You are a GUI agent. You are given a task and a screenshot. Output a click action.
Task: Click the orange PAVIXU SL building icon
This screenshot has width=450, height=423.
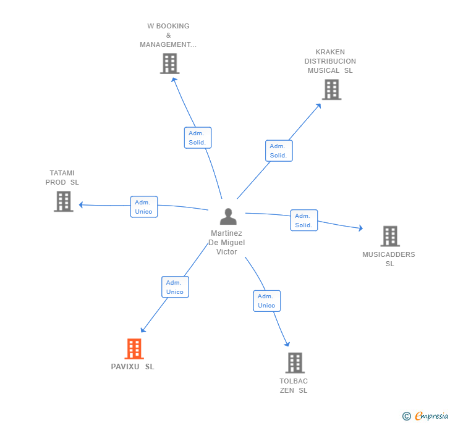134,349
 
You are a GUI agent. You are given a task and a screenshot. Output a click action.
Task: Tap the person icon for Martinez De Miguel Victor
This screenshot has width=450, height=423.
228,217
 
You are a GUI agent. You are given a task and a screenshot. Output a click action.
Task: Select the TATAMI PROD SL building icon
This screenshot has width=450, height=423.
64,201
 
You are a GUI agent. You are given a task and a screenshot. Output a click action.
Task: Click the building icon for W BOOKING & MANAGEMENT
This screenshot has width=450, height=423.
169,64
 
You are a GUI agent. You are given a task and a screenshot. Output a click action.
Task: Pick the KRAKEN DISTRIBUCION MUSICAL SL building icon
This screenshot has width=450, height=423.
331,90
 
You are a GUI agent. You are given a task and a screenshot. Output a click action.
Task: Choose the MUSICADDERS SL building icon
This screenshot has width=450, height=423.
389,236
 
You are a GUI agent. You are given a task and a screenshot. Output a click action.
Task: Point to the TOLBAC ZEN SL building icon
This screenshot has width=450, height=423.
295,362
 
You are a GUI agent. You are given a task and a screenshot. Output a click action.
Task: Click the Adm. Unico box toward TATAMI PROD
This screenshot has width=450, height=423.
143,207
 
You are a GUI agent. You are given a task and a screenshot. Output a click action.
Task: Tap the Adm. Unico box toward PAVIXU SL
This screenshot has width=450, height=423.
175,287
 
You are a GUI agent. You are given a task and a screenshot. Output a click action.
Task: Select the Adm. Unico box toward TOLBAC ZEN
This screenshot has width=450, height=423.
266,301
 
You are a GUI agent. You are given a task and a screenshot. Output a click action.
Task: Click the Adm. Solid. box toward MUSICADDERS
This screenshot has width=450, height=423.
304,220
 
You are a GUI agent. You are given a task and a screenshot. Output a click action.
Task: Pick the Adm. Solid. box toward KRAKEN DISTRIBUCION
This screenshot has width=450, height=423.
279,151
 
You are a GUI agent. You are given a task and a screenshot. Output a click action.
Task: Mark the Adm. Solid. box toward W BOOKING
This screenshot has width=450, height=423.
198,138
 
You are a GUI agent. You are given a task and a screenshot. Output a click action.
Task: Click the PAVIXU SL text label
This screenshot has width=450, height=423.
133,367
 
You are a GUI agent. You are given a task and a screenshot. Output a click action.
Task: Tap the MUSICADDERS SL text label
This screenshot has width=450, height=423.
389,259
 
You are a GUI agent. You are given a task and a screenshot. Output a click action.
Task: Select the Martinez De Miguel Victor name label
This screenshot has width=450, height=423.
227,243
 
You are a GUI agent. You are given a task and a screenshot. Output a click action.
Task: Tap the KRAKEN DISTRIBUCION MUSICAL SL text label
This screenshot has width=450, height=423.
330,61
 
